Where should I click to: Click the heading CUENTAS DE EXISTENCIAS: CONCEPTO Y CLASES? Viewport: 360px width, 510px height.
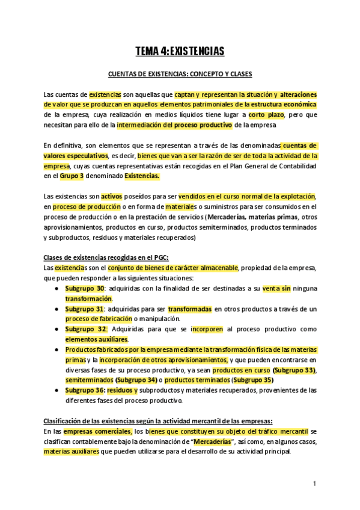(x=180, y=74)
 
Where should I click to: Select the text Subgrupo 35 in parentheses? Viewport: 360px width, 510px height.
(x=252, y=379)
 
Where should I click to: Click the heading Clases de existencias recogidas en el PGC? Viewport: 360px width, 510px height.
(x=106, y=258)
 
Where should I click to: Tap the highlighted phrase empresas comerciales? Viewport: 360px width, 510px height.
(x=97, y=431)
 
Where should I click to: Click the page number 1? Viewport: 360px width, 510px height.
(x=314, y=483)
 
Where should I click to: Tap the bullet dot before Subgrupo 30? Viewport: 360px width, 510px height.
(x=56, y=289)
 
